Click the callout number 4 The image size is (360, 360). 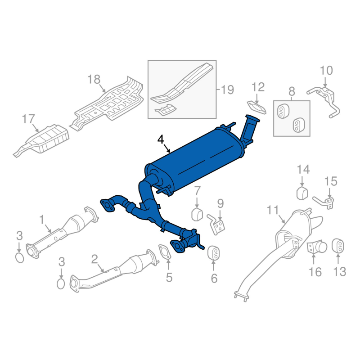[x=161, y=140]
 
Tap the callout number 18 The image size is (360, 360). [x=94, y=80]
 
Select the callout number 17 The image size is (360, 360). [x=28, y=119]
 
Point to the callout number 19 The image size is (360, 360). [x=227, y=90]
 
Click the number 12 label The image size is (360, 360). [x=258, y=87]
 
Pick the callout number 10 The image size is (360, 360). [x=326, y=70]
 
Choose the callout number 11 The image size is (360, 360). [x=273, y=210]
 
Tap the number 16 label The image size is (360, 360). [x=315, y=271]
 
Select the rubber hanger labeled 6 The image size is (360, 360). [x=213, y=253]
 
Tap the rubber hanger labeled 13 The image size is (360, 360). [x=338, y=247]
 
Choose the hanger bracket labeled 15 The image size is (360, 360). [x=327, y=201]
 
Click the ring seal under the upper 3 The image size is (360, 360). [x=19, y=257]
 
